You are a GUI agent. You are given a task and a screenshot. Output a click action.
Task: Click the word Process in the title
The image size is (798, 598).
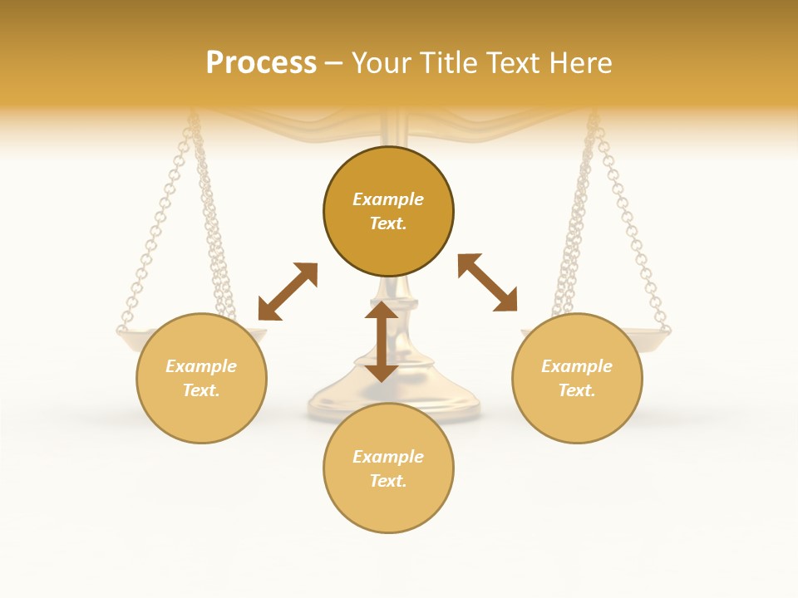[261, 62]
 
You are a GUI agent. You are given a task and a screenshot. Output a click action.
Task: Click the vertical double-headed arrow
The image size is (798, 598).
[382, 341]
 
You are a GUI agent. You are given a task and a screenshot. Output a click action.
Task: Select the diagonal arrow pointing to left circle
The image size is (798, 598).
[288, 292]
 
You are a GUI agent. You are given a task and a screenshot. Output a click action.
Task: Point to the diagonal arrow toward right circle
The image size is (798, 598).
[487, 282]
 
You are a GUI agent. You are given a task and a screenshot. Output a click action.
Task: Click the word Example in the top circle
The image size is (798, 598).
[388, 199]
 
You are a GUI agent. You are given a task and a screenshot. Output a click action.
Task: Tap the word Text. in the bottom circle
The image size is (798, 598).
[388, 481]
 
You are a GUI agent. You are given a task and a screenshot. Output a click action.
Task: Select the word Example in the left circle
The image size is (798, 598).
[201, 366]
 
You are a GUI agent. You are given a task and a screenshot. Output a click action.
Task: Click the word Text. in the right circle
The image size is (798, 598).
[577, 390]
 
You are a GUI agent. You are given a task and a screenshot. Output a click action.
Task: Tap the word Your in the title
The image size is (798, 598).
[380, 62]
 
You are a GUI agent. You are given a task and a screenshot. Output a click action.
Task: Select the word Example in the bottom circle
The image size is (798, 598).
[388, 457]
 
